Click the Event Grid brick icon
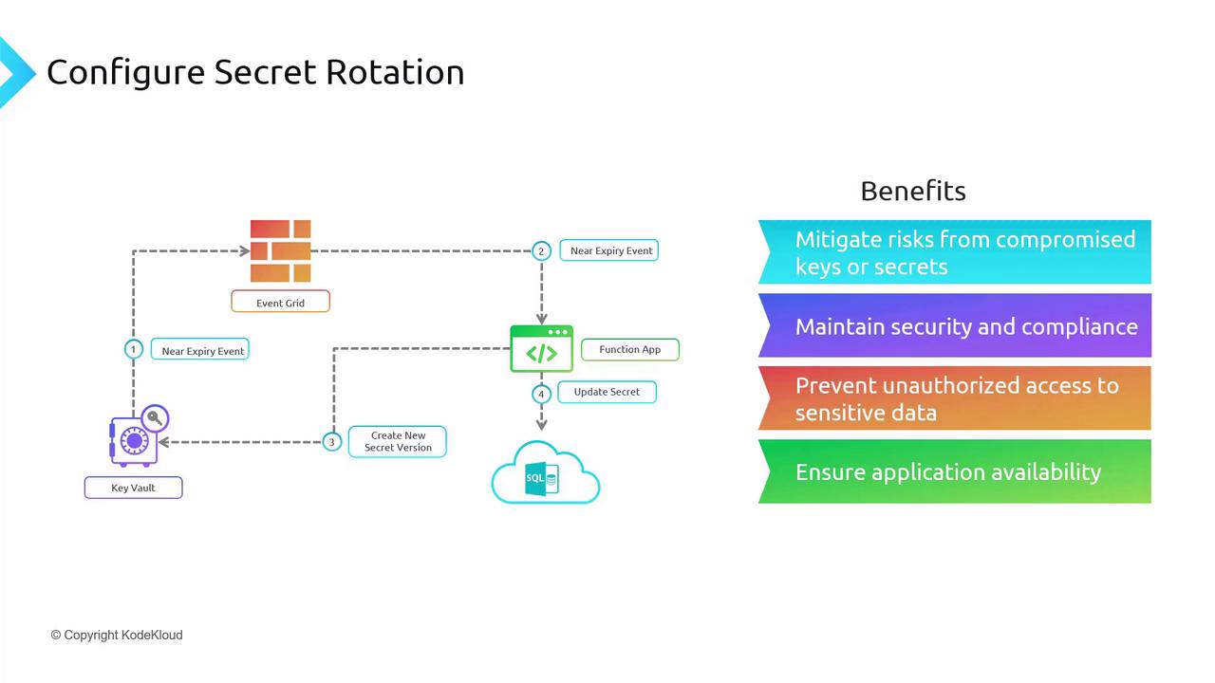(280, 250)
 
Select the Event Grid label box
(280, 303)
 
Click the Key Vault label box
(133, 488)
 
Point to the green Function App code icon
(541, 349)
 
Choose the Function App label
(629, 349)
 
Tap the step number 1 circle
(133, 349)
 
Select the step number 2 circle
(541, 250)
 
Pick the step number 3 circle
(331, 441)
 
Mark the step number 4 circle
(541, 394)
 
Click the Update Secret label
(607, 392)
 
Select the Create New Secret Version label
(397, 441)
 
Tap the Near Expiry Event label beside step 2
(610, 250)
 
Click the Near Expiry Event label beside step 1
(202, 350)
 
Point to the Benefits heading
(912, 191)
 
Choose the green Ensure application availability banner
(954, 471)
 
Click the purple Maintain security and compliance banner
(954, 325)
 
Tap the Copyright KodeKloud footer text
(117, 635)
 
